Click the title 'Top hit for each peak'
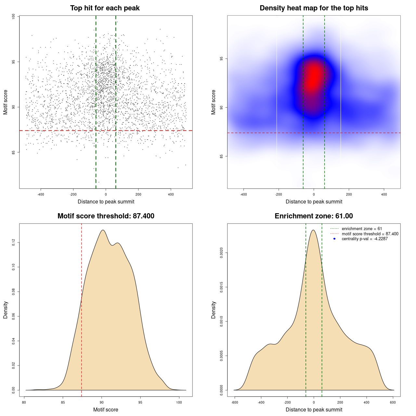click(105, 8)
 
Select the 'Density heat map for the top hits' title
click(314, 8)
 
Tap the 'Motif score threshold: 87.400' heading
click(106, 216)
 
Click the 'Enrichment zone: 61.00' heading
click(314, 216)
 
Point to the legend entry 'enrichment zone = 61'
click(362, 229)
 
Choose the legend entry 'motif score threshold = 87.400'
click(370, 234)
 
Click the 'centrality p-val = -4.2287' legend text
click(365, 239)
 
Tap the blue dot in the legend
click(334, 239)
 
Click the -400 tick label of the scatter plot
click(41, 195)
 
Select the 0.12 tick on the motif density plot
click(14, 242)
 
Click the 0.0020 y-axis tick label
click(222, 253)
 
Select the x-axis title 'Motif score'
click(106, 410)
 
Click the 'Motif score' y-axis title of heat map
click(214, 102)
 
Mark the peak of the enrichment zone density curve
click(313, 230)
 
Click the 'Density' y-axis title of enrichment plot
click(214, 310)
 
